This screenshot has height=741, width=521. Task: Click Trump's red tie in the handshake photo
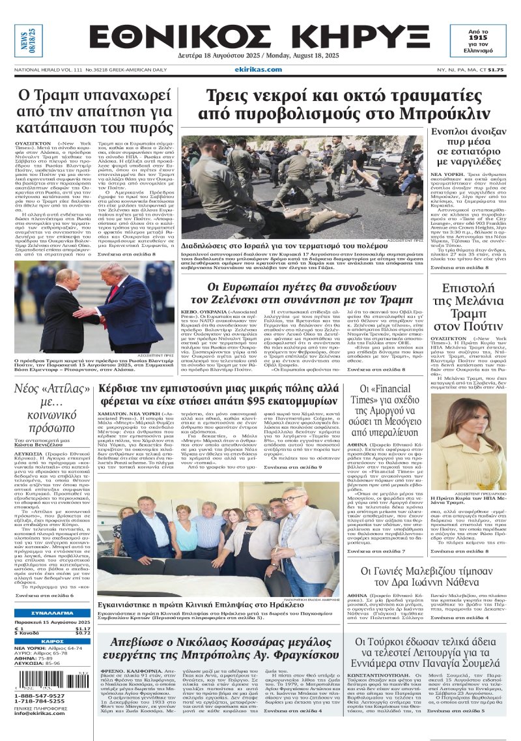click(115, 290)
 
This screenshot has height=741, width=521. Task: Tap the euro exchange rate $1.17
click(82, 628)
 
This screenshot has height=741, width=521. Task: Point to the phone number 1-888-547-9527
click(40, 696)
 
